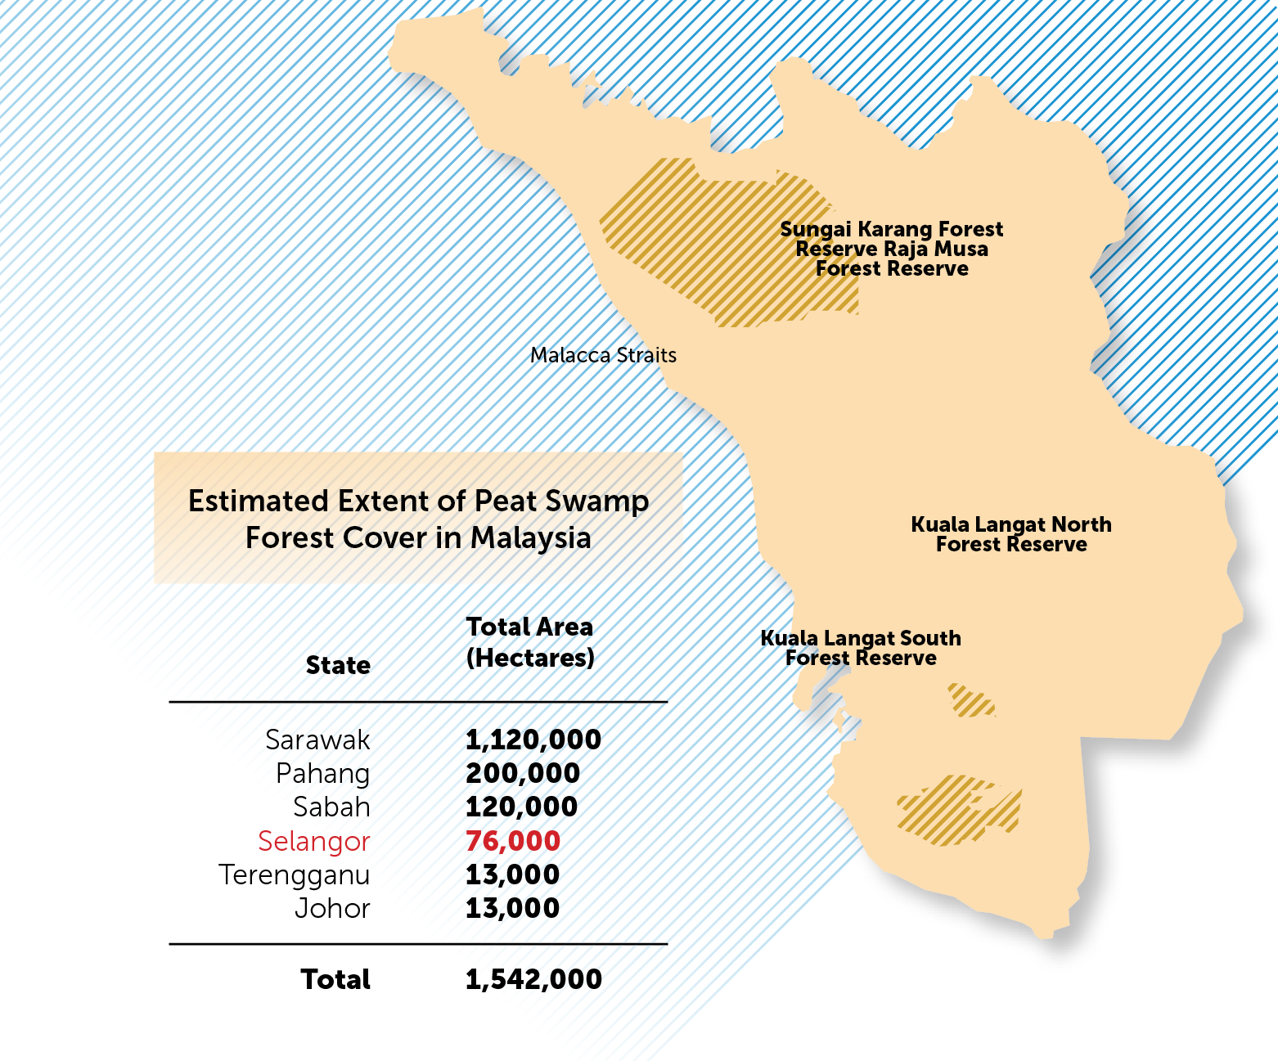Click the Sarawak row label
coord(317,740)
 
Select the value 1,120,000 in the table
coord(533,740)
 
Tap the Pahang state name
coord(322,774)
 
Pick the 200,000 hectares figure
coord(522,773)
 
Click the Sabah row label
coord(331,807)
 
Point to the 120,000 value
coord(521,807)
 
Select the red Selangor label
coord(313,841)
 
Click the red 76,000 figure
coord(513,840)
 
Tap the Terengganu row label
coord(294,874)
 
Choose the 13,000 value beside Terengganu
coord(512,874)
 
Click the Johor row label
coord(332,908)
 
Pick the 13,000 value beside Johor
coord(512,907)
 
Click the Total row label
coord(335,979)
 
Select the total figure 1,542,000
coord(533,979)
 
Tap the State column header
coord(338,665)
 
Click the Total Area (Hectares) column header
coord(529,642)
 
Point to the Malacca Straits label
coord(603,355)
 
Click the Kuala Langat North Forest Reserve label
coord(1011,534)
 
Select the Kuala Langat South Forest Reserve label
coord(861,648)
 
